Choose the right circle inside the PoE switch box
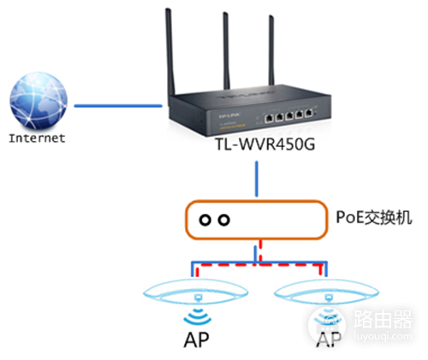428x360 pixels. click(223, 220)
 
